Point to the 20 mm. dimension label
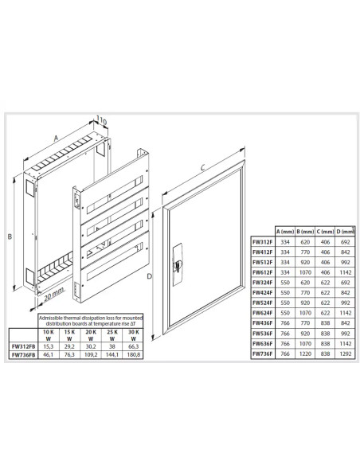point(53,296)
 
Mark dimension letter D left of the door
point(150,276)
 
